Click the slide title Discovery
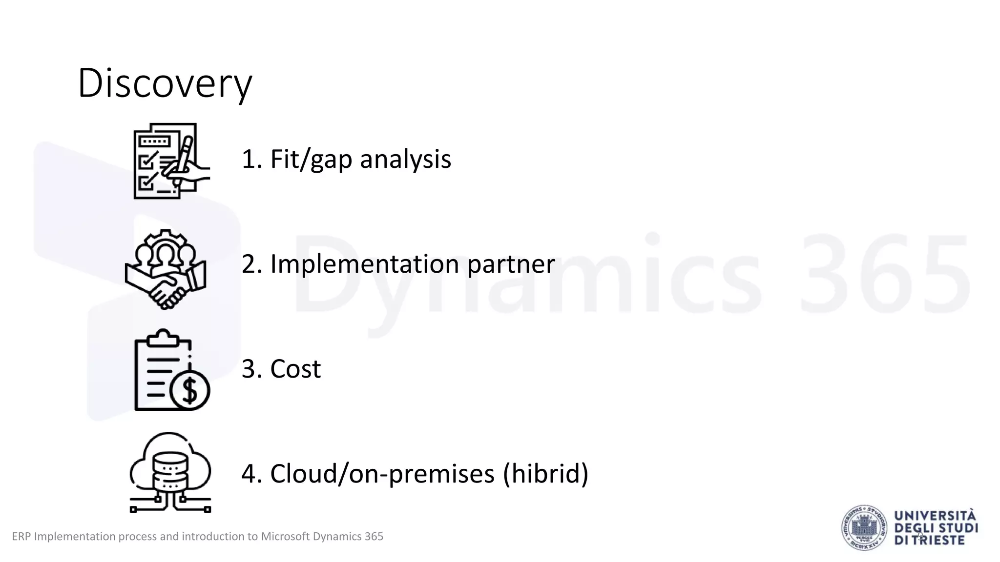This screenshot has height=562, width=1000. click(165, 83)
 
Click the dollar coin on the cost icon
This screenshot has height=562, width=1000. click(190, 390)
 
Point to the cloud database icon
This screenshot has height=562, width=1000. click(170, 472)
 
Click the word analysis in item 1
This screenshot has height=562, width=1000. click(405, 160)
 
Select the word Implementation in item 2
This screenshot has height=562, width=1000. click(364, 264)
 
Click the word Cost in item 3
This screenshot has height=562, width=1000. click(295, 369)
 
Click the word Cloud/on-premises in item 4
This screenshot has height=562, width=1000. click(382, 474)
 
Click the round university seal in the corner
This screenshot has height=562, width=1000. click(864, 528)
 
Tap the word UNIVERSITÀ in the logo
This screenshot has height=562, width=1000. click(935, 516)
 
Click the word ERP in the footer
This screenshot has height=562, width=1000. click(21, 537)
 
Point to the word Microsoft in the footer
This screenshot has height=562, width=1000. click(285, 537)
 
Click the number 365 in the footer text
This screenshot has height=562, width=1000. click(374, 537)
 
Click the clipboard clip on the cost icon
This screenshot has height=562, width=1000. click(162, 338)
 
